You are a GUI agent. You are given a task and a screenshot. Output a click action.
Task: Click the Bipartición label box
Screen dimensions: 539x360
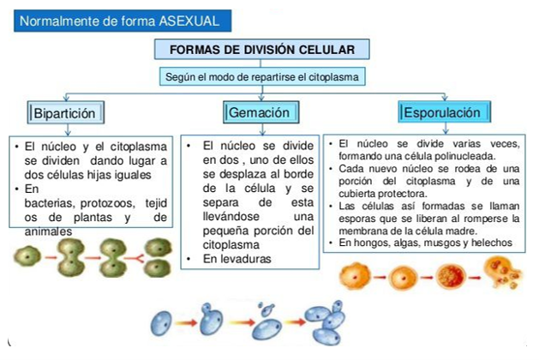(69, 112)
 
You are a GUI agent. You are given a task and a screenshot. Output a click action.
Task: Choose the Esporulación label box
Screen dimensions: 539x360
(445, 112)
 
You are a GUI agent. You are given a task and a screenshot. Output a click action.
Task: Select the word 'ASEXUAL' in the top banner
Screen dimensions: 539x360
(189, 20)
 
